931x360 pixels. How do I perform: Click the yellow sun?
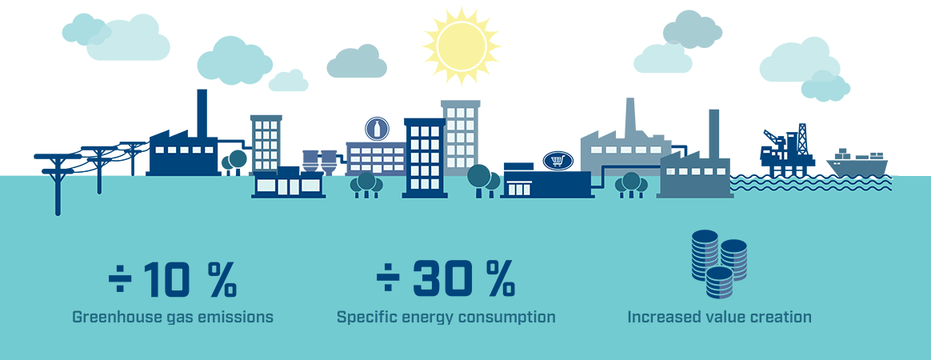click(x=462, y=46)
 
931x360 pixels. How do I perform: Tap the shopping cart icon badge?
click(x=557, y=160)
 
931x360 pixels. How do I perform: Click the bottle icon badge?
click(x=377, y=129)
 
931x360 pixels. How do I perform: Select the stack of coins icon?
click(x=719, y=264)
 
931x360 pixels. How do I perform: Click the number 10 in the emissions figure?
click(x=167, y=278)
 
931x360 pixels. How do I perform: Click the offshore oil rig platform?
click(x=785, y=150)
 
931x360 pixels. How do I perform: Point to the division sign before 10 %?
click(x=120, y=279)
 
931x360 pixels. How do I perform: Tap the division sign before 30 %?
click(x=387, y=279)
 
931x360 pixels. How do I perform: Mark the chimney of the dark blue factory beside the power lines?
click(x=202, y=114)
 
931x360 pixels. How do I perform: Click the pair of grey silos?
click(x=319, y=162)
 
